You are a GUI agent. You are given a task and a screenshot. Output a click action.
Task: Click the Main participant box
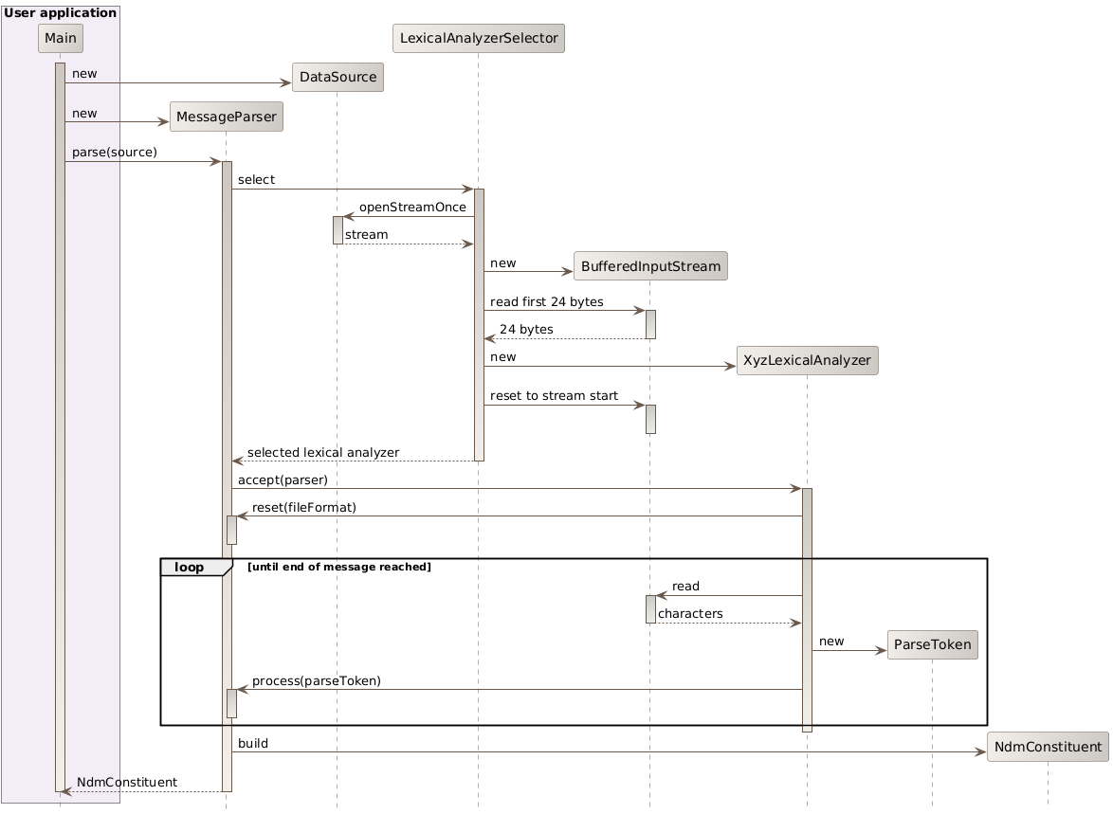61,38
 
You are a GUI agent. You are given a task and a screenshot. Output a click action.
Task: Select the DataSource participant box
337,78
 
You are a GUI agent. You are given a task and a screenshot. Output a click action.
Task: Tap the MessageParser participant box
226,117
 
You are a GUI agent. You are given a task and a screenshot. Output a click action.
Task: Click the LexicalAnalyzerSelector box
478,38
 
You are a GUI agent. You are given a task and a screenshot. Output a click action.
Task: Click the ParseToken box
932,645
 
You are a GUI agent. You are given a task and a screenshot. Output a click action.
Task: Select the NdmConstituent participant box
1048,746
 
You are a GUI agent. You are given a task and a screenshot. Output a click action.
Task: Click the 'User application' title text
61,12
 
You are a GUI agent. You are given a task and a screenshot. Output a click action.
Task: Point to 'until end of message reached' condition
338,567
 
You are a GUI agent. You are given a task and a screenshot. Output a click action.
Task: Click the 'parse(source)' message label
114,153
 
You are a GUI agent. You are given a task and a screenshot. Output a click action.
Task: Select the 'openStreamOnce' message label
411,208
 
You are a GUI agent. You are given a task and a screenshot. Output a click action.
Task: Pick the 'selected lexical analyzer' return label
322,453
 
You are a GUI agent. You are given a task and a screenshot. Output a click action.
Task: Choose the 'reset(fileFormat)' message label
303,508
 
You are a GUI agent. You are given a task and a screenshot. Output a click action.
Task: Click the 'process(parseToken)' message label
316,681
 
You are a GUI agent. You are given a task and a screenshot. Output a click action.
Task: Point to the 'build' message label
252,744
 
